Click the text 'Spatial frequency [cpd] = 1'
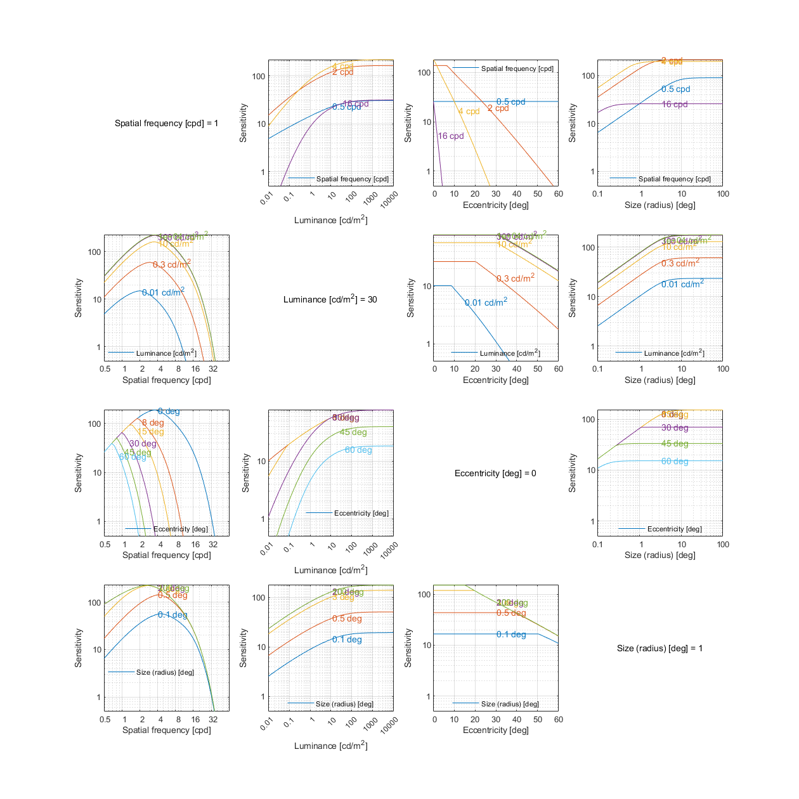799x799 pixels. coord(166,123)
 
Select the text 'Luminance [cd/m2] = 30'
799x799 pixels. coord(330,299)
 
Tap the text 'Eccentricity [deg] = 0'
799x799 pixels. coord(495,473)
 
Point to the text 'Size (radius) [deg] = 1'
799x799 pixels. coord(659,648)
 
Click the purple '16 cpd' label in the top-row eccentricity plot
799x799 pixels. coord(451,136)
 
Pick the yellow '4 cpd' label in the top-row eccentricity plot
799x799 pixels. coord(469,112)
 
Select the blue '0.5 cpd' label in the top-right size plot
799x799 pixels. coord(675,89)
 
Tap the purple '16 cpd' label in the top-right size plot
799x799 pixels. coord(675,105)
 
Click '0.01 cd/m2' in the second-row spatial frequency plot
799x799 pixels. coord(163,292)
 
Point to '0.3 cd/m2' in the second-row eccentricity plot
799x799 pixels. coord(515,278)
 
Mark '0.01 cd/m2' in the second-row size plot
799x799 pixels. coord(682,284)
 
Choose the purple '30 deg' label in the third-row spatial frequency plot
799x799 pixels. coord(143,444)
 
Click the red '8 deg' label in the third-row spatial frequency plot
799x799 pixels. coord(153,423)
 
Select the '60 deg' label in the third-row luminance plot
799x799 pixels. coord(358,450)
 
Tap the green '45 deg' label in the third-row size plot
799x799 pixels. coord(675,444)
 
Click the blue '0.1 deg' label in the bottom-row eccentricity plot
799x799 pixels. coord(511,635)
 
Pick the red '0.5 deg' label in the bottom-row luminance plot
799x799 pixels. coord(347,619)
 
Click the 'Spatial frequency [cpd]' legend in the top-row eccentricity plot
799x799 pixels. coord(517,68)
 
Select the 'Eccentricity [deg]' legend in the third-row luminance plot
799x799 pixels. coord(361,513)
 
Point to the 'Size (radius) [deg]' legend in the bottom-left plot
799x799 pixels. coord(165,672)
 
